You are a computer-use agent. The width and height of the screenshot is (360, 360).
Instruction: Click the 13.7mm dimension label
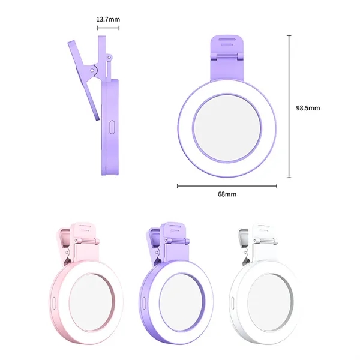108,19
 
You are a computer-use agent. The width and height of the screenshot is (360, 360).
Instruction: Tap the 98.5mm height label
308,108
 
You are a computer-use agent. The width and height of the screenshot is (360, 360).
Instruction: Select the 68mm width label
227,194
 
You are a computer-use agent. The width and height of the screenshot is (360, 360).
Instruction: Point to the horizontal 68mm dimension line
227,186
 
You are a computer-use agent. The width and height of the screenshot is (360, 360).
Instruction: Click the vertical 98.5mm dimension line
289,107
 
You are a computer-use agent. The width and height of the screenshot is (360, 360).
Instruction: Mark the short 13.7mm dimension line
108,28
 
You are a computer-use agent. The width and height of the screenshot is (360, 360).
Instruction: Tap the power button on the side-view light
112,127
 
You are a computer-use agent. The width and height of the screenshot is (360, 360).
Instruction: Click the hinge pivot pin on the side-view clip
92,70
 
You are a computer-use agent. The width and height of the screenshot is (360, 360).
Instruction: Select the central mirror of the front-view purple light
227,128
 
